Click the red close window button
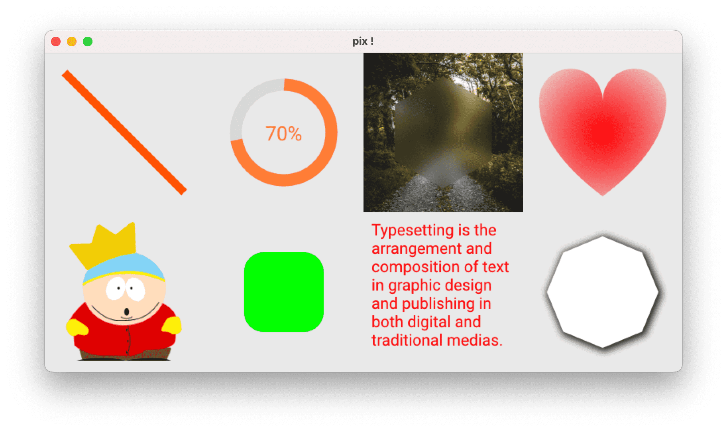click(x=56, y=42)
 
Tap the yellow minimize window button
click(x=72, y=42)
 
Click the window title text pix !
click(x=363, y=41)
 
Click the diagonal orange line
click(x=124, y=132)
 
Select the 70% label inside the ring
click(x=284, y=133)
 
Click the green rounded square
click(x=284, y=292)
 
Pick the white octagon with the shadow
click(x=603, y=292)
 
